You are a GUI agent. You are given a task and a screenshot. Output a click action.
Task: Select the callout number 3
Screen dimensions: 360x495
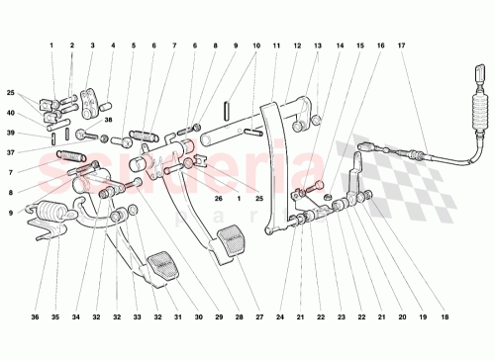pyautogui.click(x=92, y=45)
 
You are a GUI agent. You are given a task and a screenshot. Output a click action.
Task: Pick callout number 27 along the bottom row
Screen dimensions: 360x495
pyautogui.click(x=258, y=318)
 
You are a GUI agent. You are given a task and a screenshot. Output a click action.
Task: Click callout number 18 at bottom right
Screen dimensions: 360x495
pyautogui.click(x=445, y=318)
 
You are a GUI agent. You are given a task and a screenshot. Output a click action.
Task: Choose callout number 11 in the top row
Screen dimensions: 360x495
pyautogui.click(x=275, y=45)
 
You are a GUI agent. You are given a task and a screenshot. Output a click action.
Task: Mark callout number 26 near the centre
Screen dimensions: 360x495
pyautogui.click(x=219, y=197)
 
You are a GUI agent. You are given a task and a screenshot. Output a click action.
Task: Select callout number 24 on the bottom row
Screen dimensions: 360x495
pyautogui.click(x=280, y=318)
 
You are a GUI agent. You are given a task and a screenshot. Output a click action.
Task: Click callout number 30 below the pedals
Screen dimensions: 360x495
pyautogui.click(x=198, y=318)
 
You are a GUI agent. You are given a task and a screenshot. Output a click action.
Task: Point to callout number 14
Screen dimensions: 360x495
pyautogui.click(x=339, y=45)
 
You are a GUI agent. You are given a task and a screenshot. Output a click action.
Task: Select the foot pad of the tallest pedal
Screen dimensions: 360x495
pyautogui.click(x=232, y=241)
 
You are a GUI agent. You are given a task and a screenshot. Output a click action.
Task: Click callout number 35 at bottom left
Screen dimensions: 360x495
pyautogui.click(x=55, y=318)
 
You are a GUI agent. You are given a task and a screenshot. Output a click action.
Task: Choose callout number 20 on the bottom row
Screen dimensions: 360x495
pyautogui.click(x=402, y=318)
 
